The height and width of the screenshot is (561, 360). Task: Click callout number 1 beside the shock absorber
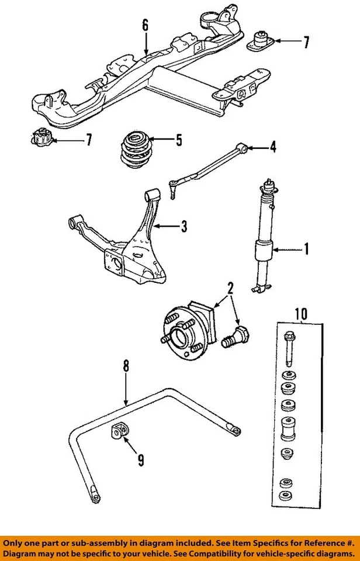click(305, 251)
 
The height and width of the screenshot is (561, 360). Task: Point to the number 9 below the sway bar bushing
click(141, 460)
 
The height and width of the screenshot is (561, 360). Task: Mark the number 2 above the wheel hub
click(230, 288)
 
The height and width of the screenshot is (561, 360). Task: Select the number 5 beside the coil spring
click(179, 140)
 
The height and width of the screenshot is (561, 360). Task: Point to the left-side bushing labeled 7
click(41, 140)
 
